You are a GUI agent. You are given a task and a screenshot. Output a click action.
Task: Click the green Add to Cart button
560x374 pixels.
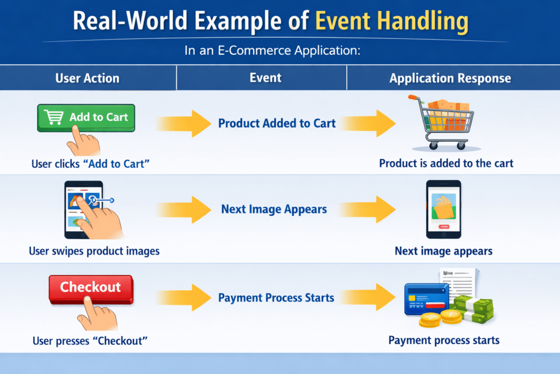click(86, 118)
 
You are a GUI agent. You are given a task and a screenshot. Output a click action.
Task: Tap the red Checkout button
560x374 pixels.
click(91, 289)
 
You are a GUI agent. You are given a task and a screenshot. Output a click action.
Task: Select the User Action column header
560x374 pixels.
click(87, 78)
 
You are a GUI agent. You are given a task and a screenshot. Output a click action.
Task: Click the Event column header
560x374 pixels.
click(265, 78)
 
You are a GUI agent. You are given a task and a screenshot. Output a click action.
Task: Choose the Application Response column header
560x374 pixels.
click(450, 78)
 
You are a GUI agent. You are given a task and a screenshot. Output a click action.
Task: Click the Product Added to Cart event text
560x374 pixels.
click(277, 123)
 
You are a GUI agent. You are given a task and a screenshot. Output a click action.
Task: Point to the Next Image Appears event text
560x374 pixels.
click(274, 209)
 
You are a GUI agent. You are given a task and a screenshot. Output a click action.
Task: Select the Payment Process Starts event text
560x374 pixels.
click(276, 297)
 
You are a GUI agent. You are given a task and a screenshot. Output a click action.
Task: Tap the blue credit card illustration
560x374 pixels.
click(427, 299)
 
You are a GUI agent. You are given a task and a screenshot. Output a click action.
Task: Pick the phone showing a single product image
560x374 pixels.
click(444, 209)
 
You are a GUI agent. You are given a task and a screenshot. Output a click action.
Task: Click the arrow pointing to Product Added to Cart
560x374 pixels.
click(184, 123)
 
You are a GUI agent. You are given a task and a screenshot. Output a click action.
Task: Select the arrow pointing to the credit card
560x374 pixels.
click(368, 297)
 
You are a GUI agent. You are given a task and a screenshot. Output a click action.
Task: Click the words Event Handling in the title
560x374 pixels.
click(392, 21)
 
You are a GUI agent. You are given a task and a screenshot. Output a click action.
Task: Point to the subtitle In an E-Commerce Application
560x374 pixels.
click(272, 50)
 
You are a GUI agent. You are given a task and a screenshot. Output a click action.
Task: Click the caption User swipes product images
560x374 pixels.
click(94, 251)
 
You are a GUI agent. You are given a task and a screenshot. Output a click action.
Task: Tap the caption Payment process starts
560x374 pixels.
click(444, 341)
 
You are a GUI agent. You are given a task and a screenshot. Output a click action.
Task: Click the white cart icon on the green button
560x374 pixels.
click(54, 117)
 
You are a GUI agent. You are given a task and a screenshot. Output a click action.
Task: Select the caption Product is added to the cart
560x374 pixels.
click(446, 163)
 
